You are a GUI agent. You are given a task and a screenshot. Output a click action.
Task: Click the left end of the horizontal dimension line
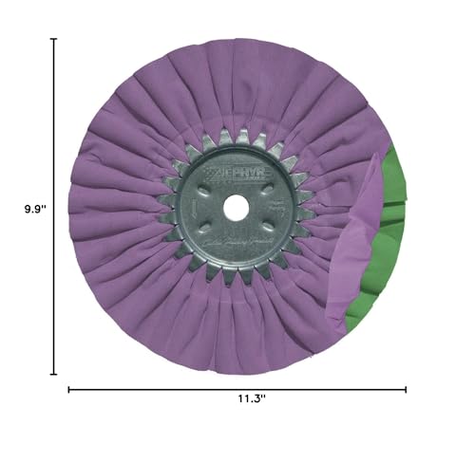[x=69, y=389]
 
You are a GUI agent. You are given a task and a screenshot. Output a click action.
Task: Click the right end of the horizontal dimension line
[x=406, y=389]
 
